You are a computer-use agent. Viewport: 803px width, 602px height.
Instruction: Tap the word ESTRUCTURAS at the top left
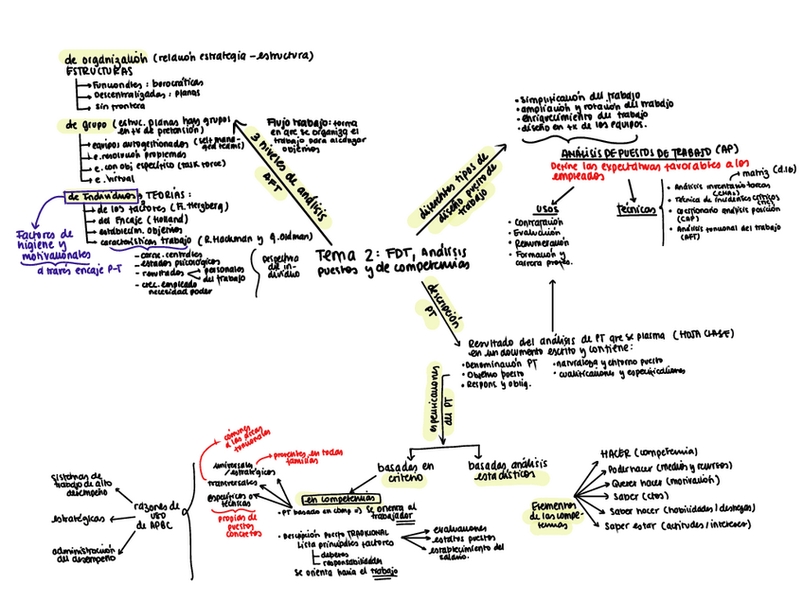[x=98, y=71]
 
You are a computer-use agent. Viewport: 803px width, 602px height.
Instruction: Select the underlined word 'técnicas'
[x=635, y=209]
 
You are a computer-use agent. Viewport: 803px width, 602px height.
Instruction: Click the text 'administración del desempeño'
[x=85, y=553]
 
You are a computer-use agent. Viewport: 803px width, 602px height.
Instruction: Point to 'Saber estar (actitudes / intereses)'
[x=678, y=526]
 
